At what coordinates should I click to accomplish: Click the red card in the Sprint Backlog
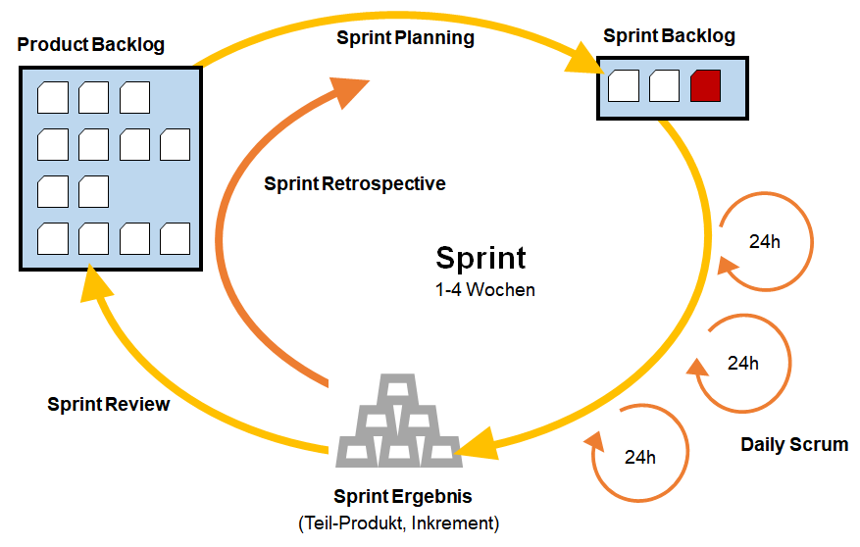pos(705,85)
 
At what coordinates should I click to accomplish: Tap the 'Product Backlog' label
pos(90,44)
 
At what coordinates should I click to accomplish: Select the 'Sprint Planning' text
pos(405,38)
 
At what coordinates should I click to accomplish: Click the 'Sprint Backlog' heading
pos(669,35)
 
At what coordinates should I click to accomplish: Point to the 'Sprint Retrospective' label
pos(354,183)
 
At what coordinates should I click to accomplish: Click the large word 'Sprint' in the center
pos(481,258)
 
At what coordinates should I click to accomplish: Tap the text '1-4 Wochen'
pos(484,289)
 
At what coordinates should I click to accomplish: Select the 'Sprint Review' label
pos(108,405)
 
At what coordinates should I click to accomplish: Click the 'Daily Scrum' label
pos(794,444)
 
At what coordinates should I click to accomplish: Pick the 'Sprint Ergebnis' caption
pos(403,496)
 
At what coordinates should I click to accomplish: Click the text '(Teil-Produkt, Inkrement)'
pos(399,522)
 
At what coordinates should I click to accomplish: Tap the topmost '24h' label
pos(765,242)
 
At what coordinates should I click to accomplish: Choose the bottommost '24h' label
pos(639,457)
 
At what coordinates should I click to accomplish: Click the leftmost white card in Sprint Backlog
pos(624,85)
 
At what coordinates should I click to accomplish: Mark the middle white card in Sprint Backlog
pos(664,85)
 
